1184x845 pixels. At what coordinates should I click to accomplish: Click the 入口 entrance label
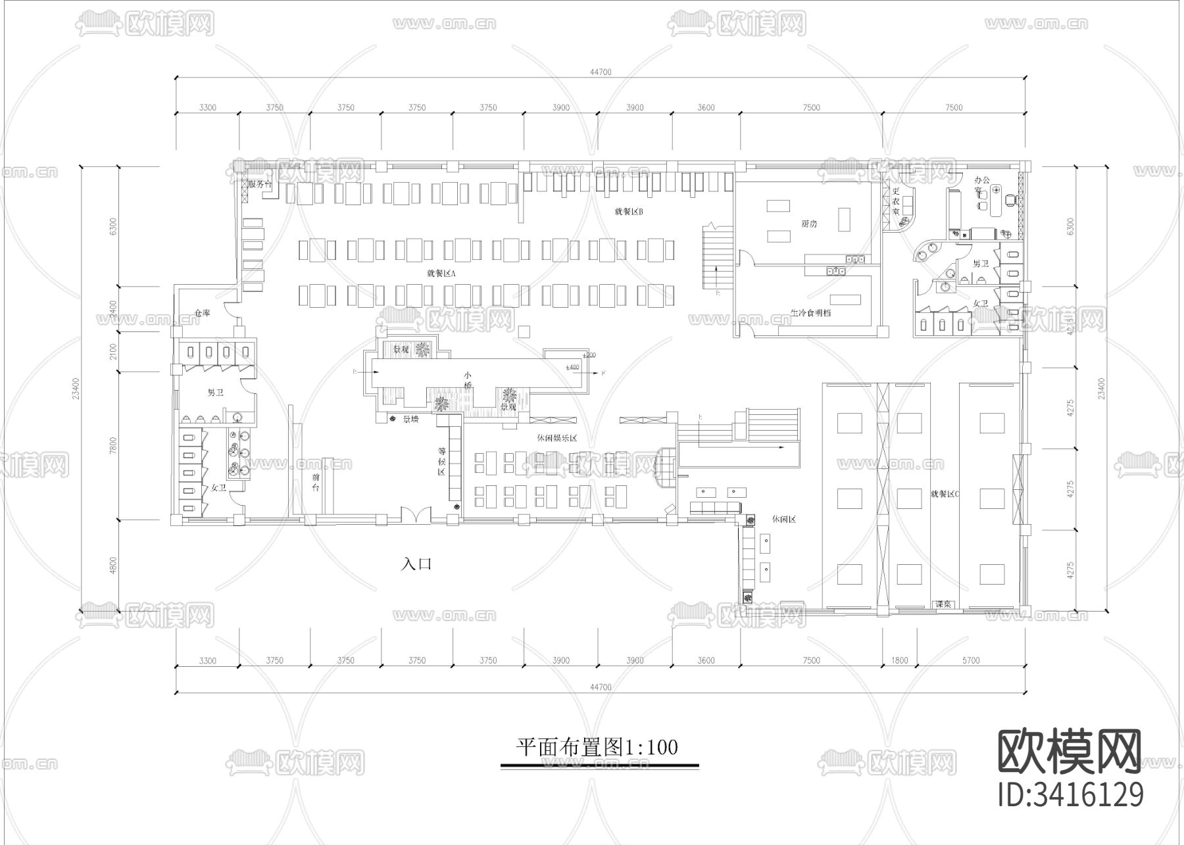(x=417, y=564)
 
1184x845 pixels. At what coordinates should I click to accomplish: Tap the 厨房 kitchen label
(x=809, y=224)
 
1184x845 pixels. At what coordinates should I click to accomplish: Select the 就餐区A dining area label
(x=441, y=272)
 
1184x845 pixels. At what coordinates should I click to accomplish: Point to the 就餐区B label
(x=628, y=212)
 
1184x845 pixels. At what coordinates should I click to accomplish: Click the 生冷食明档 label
(x=810, y=313)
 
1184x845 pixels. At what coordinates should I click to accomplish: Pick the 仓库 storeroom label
(x=201, y=314)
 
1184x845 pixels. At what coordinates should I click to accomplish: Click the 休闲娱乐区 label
(x=556, y=438)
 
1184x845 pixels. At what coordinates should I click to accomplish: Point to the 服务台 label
(x=260, y=184)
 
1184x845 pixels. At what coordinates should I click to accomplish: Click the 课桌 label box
(x=944, y=604)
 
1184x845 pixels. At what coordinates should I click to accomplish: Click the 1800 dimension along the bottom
(x=899, y=660)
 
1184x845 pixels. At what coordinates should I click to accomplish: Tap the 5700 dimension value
(x=970, y=660)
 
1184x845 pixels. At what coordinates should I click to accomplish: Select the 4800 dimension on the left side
(x=113, y=566)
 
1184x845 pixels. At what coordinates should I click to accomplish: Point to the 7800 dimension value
(x=113, y=445)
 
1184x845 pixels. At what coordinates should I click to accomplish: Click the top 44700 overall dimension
(x=600, y=72)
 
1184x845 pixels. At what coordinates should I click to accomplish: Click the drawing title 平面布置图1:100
(x=597, y=747)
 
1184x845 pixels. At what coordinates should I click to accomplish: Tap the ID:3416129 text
(x=1070, y=794)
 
